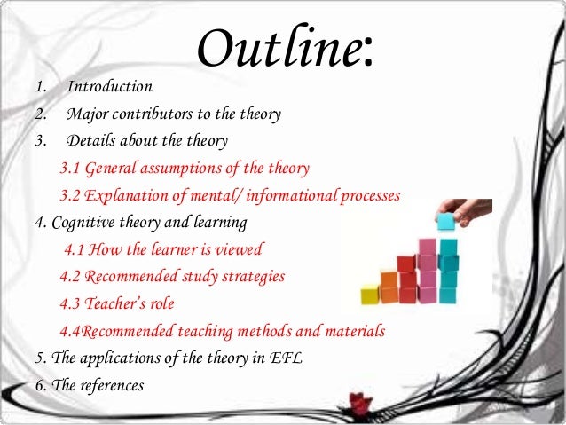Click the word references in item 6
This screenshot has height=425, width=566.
click(x=111, y=385)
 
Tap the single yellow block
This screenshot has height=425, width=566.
click(x=370, y=294)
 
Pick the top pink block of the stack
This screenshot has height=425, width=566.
click(x=428, y=247)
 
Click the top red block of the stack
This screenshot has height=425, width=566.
click(x=406, y=264)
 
